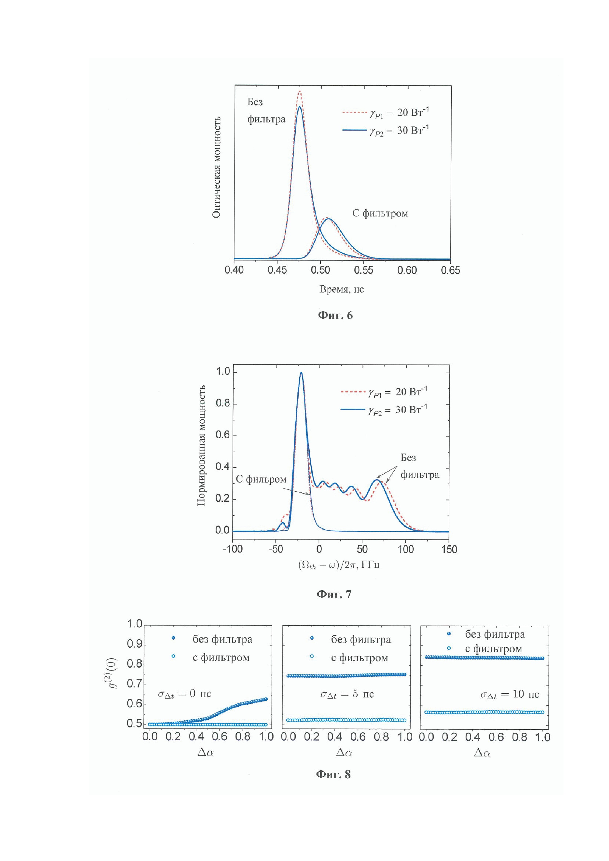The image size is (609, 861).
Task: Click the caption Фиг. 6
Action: [335, 315]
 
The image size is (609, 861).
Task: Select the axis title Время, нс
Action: [342, 289]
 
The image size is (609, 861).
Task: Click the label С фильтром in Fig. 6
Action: [380, 213]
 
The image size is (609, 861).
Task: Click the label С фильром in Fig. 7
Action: [261, 479]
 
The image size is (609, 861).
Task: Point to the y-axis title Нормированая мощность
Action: [202, 445]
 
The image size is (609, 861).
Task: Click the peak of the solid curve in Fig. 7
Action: [301, 373]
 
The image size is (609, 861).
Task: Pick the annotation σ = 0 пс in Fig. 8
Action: [184, 694]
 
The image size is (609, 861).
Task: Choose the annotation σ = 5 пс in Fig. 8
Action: [347, 694]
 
